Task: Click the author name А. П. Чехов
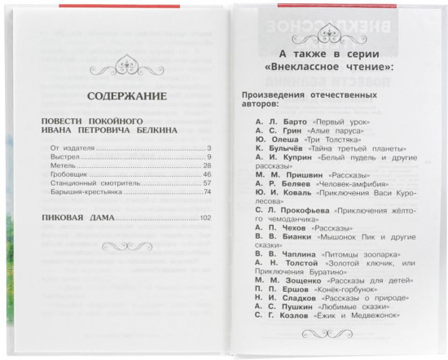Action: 266,230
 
